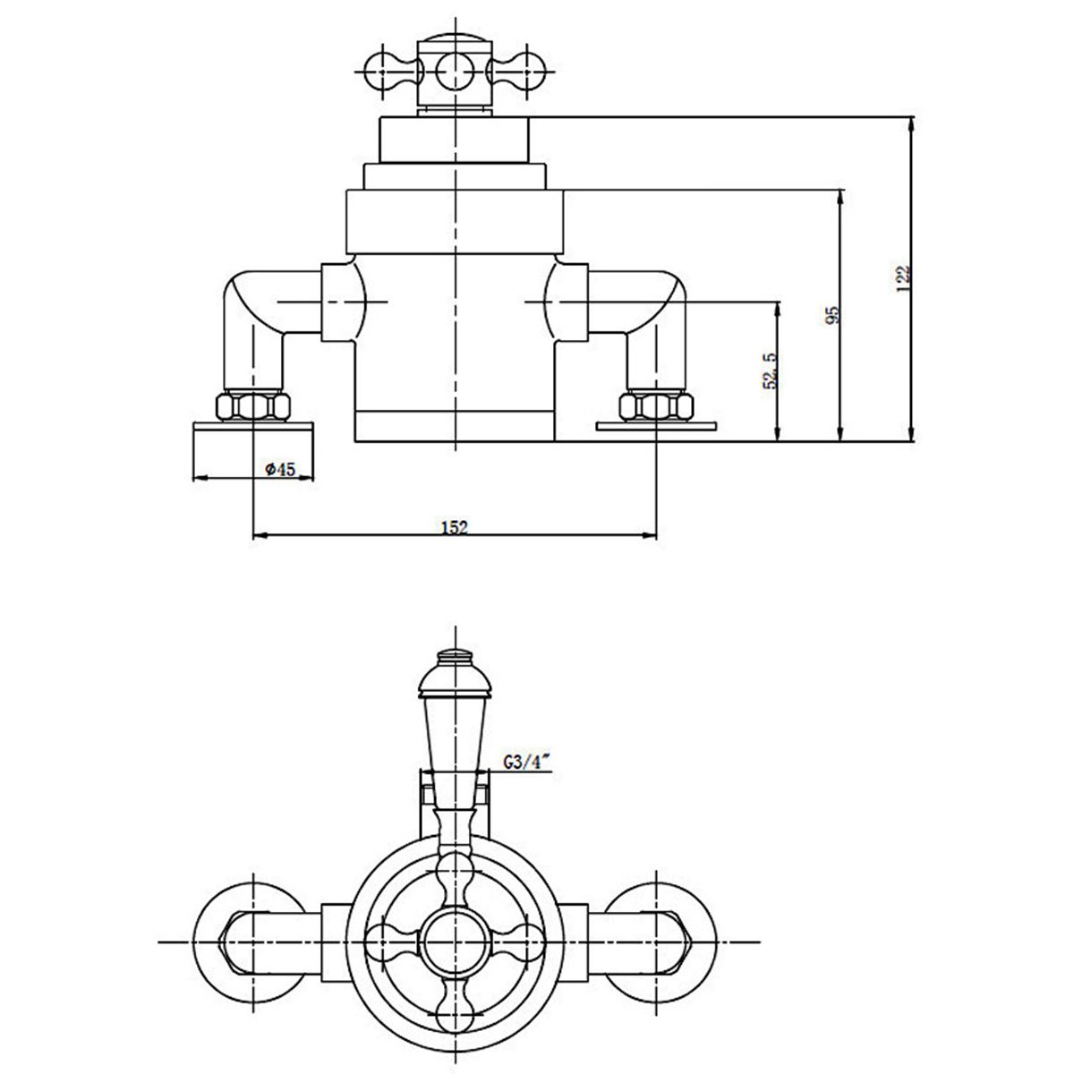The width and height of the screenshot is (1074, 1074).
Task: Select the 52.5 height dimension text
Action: coord(769,370)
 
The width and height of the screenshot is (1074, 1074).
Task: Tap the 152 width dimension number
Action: coord(455,527)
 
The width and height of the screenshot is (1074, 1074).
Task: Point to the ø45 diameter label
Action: coord(280,469)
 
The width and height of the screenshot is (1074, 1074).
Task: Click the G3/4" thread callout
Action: coord(525,763)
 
